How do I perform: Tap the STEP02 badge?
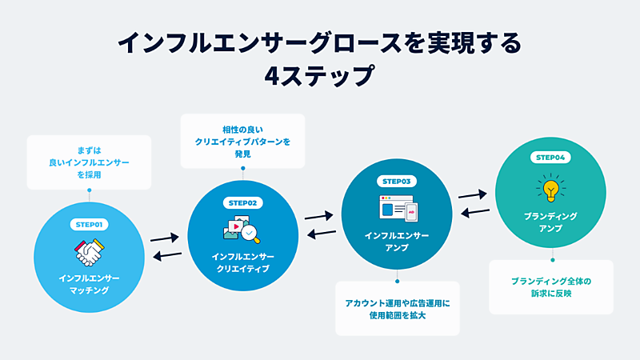(x=241, y=203)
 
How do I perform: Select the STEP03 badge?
(x=397, y=182)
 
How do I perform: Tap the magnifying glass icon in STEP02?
(x=250, y=233)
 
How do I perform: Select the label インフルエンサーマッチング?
(x=89, y=283)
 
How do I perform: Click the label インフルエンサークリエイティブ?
(x=241, y=262)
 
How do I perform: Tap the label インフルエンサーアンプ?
(x=397, y=242)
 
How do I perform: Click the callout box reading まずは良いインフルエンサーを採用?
(x=89, y=162)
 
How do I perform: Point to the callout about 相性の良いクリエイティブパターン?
(x=242, y=141)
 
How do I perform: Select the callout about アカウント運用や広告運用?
(x=398, y=308)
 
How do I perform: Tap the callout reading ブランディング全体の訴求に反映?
(x=551, y=287)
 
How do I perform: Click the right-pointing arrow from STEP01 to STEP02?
(x=164, y=237)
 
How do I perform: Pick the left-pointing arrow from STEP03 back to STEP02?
(x=322, y=233)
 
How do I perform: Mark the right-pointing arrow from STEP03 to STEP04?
(x=473, y=194)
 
